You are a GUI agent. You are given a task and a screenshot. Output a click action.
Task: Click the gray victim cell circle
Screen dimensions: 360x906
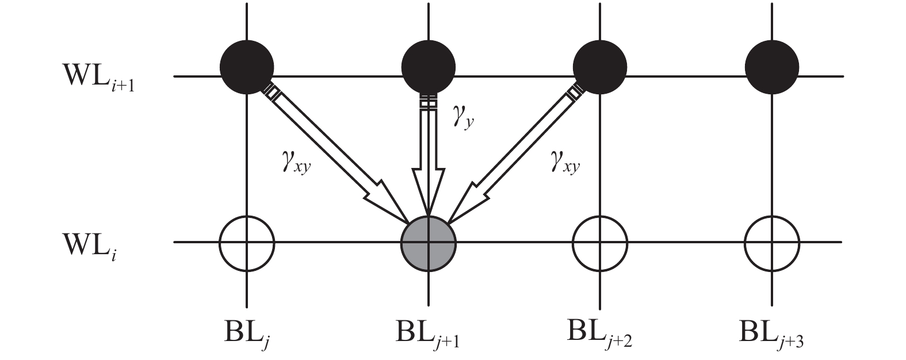428,242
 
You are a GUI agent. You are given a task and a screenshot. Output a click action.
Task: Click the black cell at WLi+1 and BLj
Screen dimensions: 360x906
247,67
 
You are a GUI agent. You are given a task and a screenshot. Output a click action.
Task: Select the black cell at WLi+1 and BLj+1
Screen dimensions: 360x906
428,67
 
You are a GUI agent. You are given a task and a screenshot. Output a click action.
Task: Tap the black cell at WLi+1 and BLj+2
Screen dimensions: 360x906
600,67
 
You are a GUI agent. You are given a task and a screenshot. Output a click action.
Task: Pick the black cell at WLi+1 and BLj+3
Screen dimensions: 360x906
771,67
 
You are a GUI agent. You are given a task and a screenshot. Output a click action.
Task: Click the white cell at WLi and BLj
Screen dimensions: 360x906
247,242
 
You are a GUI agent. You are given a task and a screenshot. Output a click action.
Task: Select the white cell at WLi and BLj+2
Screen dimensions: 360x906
600,242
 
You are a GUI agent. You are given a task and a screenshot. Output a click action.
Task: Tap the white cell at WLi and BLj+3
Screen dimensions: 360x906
771,242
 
